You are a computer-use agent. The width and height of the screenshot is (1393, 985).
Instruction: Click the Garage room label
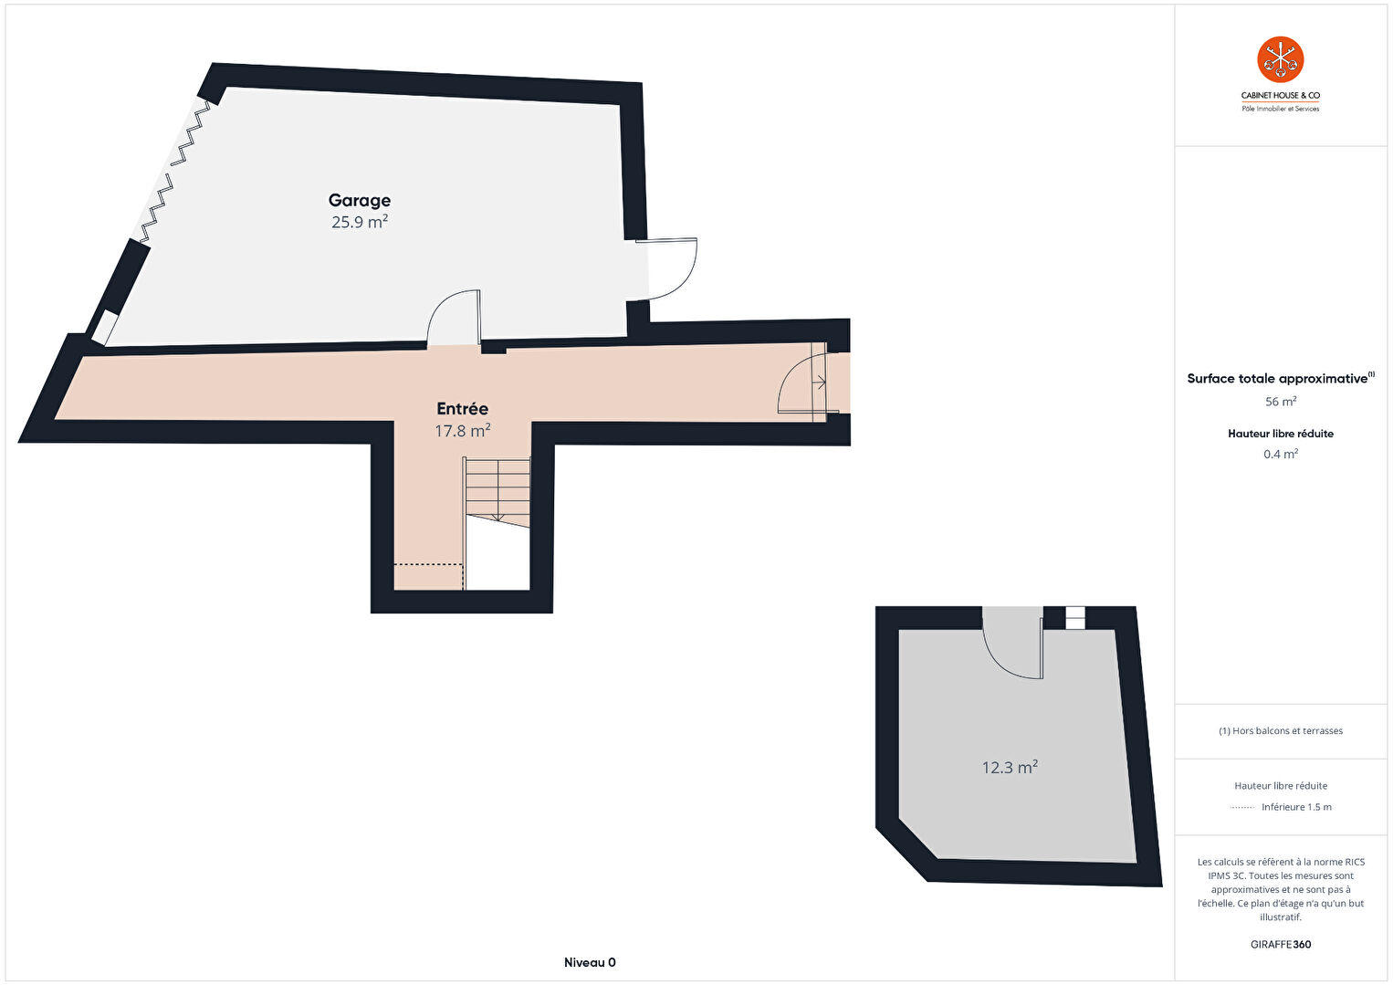pos(360,200)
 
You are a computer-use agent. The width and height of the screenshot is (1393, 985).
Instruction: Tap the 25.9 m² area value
pos(360,222)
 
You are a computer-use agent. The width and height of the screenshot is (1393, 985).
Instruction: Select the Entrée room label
pos(462,409)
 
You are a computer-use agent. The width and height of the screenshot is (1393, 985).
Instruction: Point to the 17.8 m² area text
pos(462,430)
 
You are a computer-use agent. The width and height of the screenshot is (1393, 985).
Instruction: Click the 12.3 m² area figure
pos(1010,767)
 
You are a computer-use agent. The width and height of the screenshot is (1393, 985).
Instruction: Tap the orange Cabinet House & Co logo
pos(1280,59)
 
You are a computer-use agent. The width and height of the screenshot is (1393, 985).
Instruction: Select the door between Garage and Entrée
pos(454,318)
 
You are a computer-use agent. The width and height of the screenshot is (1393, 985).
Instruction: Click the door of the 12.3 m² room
pos(1012,644)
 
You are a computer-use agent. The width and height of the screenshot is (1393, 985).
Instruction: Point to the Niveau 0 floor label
pos(590,962)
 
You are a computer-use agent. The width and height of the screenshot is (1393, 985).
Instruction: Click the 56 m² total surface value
pos(1281,402)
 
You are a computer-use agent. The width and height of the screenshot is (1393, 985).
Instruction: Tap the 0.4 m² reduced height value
pos(1281,454)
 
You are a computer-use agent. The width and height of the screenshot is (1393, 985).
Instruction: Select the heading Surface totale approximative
pos(1277,379)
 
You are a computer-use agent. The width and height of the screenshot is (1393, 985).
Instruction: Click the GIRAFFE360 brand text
pos(1281,944)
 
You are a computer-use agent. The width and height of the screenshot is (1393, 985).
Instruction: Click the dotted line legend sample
pos(1242,808)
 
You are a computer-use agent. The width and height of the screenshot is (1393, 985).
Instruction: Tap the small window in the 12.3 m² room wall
pos(1075,618)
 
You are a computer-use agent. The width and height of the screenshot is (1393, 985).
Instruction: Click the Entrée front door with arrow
pos(809,382)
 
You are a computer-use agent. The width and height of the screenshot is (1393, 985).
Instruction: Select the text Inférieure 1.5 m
pos(1296,807)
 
